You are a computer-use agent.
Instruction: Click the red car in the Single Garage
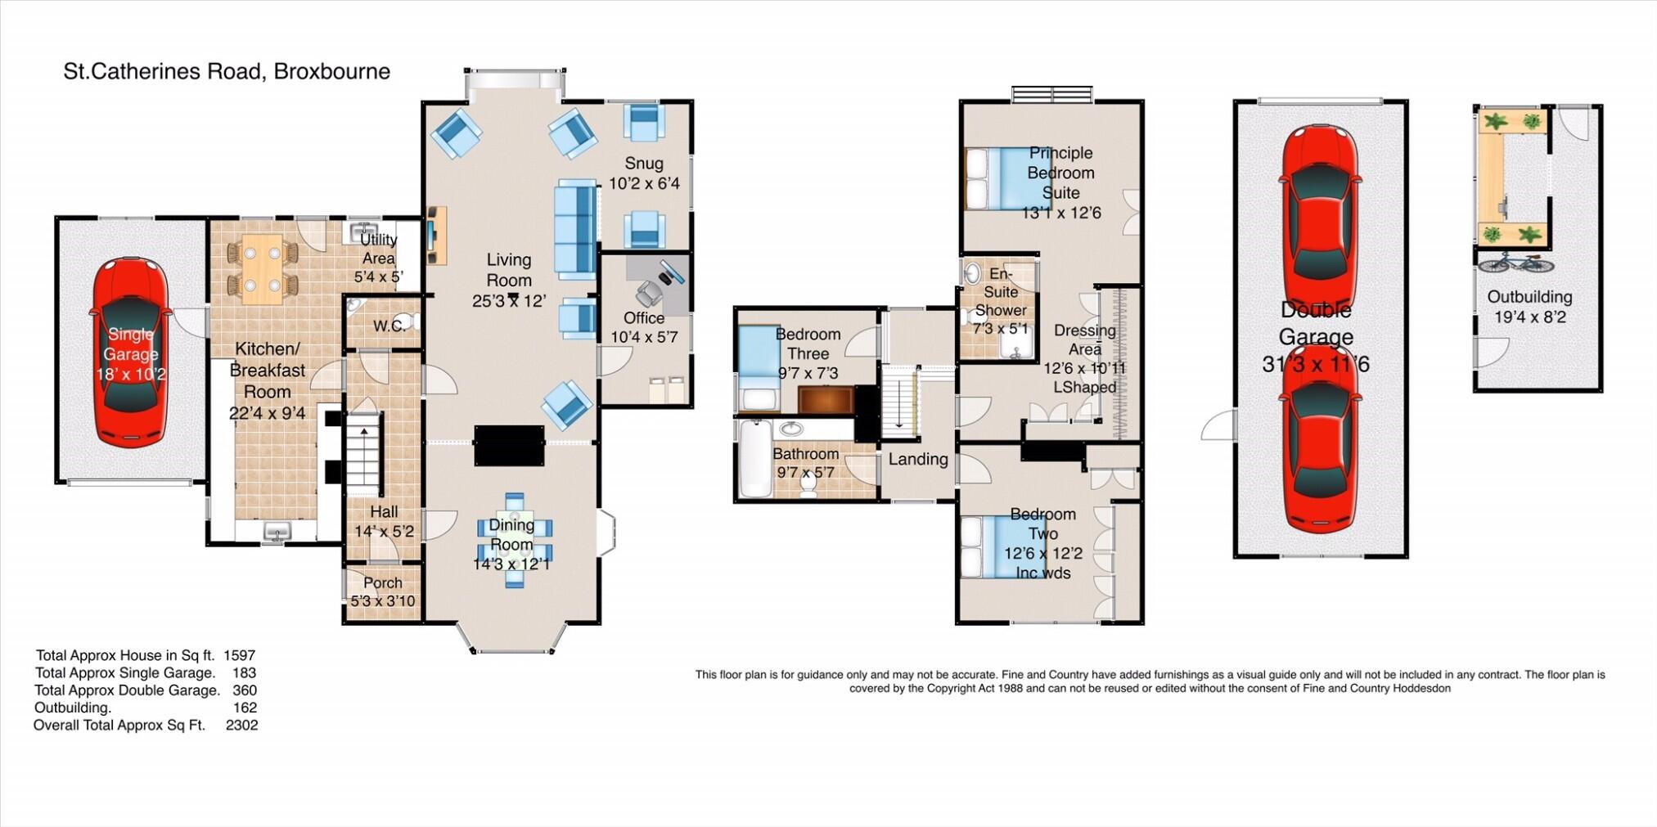point(130,352)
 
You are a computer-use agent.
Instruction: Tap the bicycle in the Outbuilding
point(1515,263)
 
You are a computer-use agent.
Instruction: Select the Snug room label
point(643,164)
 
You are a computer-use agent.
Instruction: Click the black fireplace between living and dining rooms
point(509,446)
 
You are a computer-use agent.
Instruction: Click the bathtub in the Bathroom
point(755,458)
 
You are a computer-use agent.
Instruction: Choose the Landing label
point(917,460)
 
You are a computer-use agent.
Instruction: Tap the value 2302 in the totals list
point(241,726)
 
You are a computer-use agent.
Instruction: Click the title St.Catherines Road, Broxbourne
point(227,72)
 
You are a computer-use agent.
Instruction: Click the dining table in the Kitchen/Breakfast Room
point(262,269)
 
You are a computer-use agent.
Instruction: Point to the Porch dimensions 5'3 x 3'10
point(382,601)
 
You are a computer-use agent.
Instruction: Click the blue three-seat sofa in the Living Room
point(575,229)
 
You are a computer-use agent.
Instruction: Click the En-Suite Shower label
point(1000,292)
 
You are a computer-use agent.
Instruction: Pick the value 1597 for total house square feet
point(239,655)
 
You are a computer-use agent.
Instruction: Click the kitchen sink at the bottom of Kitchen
point(276,532)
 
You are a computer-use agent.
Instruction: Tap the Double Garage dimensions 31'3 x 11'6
point(1315,365)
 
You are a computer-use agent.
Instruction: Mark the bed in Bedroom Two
point(993,546)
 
